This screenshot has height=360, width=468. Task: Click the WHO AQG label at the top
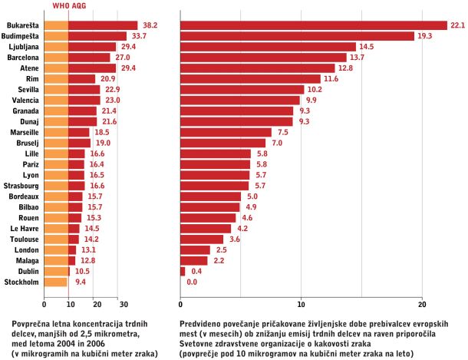click(x=69, y=6)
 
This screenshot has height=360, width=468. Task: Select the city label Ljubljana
click(x=24, y=47)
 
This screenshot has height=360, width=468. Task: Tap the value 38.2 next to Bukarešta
click(x=150, y=25)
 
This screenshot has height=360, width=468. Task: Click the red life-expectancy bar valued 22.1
click(x=314, y=25)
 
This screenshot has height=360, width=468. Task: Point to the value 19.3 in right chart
click(x=425, y=36)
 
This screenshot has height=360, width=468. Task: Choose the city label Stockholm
click(x=21, y=282)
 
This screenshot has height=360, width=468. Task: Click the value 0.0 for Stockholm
click(x=192, y=282)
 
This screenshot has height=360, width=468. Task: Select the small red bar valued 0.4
click(x=183, y=272)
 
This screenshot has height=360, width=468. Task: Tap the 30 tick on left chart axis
click(x=124, y=305)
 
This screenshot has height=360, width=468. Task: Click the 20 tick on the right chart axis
click(x=422, y=305)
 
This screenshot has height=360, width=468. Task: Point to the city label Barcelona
click(x=23, y=58)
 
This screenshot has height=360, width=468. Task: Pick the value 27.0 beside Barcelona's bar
click(x=123, y=58)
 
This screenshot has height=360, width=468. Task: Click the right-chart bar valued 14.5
click(x=268, y=47)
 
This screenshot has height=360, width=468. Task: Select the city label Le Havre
click(x=25, y=229)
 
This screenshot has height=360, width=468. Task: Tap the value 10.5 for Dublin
click(x=82, y=272)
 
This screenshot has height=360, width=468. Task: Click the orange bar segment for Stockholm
click(x=56, y=282)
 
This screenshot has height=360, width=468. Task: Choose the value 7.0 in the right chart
click(x=277, y=143)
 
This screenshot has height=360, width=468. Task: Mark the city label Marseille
click(x=25, y=132)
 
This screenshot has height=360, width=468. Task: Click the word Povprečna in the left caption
click(x=29, y=324)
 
